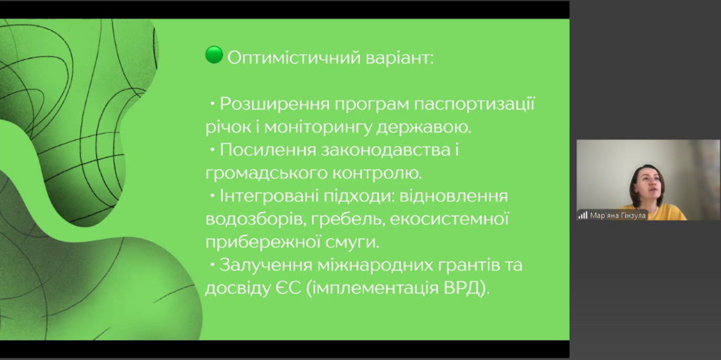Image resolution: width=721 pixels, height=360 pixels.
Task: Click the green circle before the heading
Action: click(x=214, y=55)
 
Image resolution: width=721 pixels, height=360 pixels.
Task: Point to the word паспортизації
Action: click(x=475, y=104)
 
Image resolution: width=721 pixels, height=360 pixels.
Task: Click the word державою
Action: click(x=423, y=127)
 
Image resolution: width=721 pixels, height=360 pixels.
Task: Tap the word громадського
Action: click(x=264, y=173)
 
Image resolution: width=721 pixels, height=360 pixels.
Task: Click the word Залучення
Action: click(x=265, y=266)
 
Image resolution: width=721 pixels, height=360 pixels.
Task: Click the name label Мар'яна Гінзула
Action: click(x=617, y=215)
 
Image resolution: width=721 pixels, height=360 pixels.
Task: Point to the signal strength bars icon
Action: click(x=583, y=215)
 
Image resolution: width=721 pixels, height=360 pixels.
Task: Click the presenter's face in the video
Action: click(x=648, y=185)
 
